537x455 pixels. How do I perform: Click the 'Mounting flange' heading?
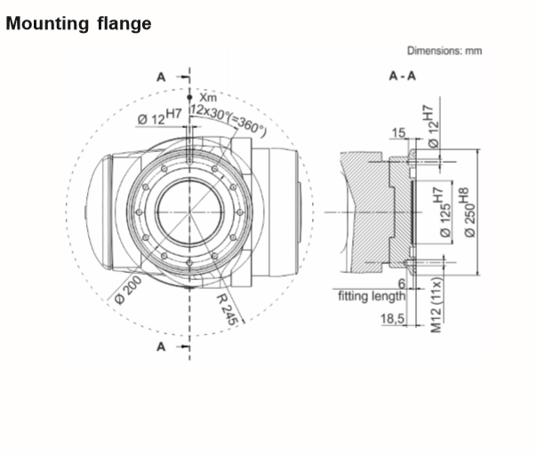click(x=78, y=24)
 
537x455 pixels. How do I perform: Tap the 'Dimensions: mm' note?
click(x=445, y=51)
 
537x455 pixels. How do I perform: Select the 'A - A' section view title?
click(x=403, y=76)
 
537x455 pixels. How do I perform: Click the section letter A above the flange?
click(x=161, y=77)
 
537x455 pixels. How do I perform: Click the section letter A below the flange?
click(x=161, y=347)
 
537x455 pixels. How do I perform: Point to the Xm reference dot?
click(x=189, y=97)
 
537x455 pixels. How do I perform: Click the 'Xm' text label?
click(x=208, y=98)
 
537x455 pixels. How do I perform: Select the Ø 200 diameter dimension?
click(x=128, y=291)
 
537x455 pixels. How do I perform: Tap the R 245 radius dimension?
click(x=227, y=309)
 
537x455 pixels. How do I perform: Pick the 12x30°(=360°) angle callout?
click(x=228, y=119)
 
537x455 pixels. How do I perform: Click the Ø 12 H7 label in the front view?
click(x=159, y=117)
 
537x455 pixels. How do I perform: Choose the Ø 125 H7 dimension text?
click(x=444, y=212)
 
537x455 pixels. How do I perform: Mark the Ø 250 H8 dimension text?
click(x=470, y=212)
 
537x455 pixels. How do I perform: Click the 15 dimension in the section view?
click(x=398, y=132)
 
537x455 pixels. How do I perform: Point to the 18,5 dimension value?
click(x=392, y=319)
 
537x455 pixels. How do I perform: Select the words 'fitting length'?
click(x=372, y=296)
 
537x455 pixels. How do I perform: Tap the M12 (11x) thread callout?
click(x=437, y=305)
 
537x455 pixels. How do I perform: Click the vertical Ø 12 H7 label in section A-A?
click(x=431, y=127)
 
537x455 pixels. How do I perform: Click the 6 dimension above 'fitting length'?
click(x=402, y=283)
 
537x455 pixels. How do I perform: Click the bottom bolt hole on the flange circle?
click(x=189, y=263)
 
